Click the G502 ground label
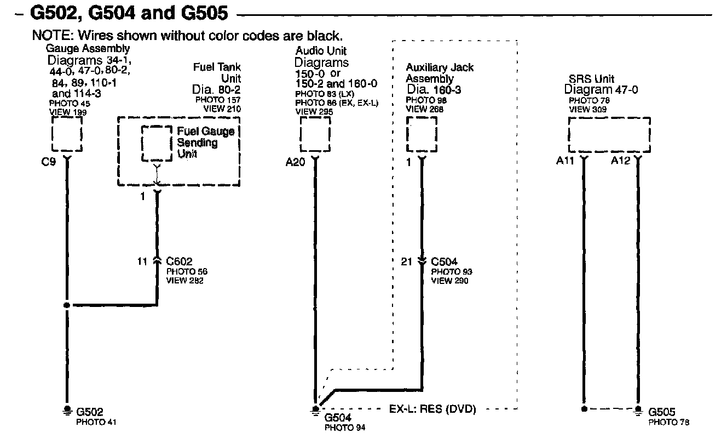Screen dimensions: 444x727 coord(90,412)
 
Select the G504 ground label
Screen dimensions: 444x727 coord(338,418)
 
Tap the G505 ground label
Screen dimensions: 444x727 coord(661,412)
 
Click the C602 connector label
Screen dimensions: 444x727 coord(179,261)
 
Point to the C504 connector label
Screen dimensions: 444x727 coord(444,262)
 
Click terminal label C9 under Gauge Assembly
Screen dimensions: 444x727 coord(48,162)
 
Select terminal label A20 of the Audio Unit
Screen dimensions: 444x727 coord(295,162)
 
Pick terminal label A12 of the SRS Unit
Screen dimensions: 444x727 coord(621,162)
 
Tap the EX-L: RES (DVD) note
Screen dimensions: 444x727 coord(432,409)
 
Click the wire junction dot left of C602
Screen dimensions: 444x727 coord(67,305)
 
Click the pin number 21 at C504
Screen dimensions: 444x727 coord(406,262)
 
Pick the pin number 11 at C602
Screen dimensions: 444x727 coord(142,261)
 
